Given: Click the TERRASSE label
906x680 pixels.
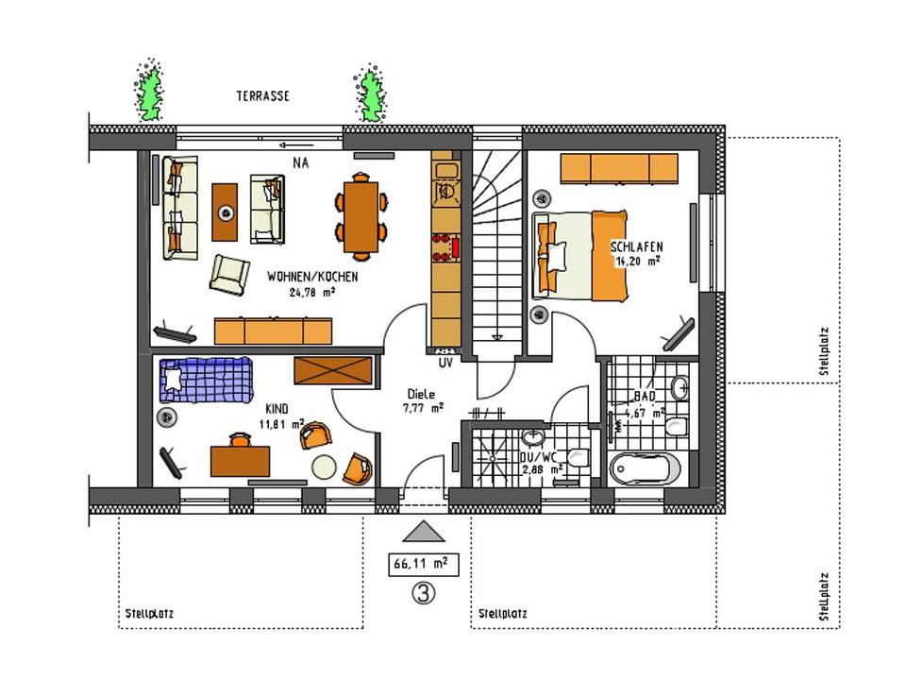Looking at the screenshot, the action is [x=263, y=96].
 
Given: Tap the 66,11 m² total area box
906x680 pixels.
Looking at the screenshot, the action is [x=424, y=564].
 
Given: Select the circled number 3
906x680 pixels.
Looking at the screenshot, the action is [x=424, y=593].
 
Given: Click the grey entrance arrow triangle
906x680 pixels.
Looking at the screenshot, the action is [x=424, y=532].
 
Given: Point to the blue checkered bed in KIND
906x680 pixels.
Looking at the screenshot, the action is [x=207, y=380].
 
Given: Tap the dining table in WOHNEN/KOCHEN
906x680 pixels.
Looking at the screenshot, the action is [x=361, y=217].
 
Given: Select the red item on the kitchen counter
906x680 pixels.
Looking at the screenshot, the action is [x=455, y=247].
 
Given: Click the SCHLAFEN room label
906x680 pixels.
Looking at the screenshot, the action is [x=637, y=246].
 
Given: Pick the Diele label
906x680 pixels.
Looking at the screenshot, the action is [x=421, y=395].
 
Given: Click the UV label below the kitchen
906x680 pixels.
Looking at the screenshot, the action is [x=445, y=363].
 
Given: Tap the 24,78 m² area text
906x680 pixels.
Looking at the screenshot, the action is [x=312, y=292].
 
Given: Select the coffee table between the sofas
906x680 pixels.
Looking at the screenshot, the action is [x=225, y=212].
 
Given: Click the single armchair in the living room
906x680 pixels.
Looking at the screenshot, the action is [x=229, y=274].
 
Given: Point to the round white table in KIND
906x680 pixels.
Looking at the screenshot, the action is [x=324, y=467].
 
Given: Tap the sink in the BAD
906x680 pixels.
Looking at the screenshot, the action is [x=680, y=387].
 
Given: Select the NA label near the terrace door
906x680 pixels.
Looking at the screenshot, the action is [x=300, y=163].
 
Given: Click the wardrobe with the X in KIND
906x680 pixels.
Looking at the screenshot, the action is [x=333, y=370].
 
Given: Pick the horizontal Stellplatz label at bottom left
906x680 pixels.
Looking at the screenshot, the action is [x=149, y=614].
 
